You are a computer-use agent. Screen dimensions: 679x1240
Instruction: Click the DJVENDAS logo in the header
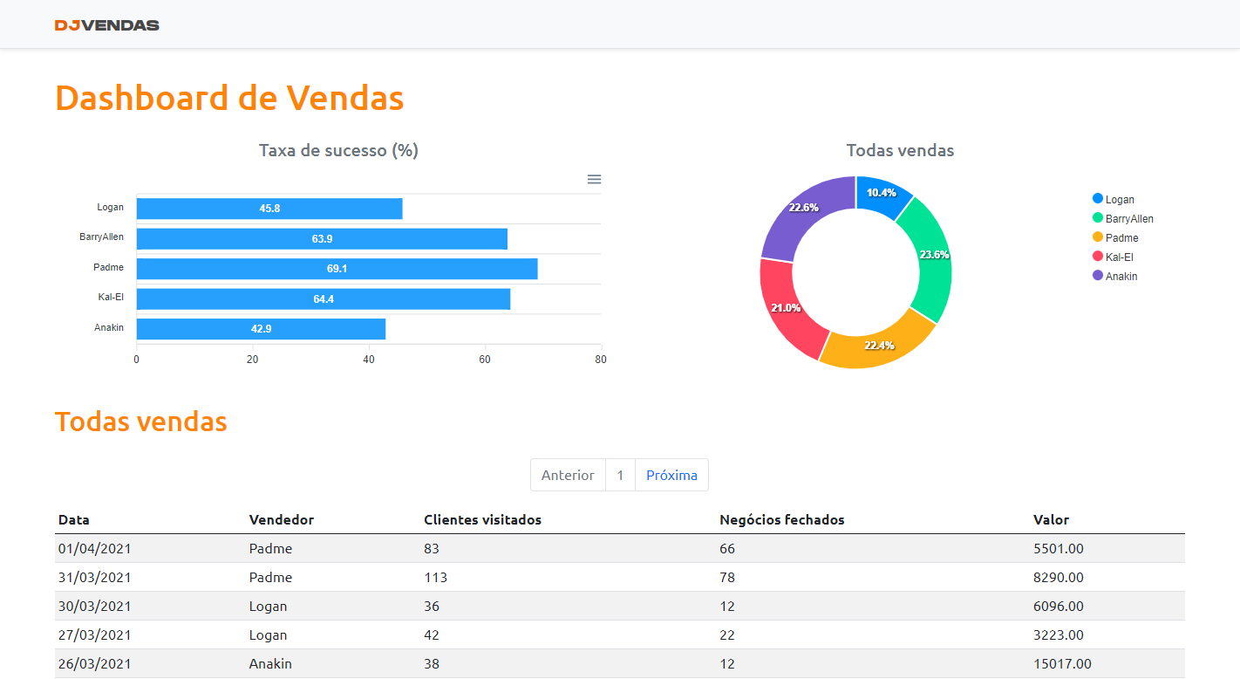click(106, 25)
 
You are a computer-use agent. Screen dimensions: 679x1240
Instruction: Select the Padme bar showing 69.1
click(337, 269)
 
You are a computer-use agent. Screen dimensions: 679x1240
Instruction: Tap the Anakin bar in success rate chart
click(261, 329)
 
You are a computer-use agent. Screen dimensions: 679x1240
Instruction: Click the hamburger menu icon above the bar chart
click(594, 179)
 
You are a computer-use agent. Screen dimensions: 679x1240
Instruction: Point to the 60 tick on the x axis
click(485, 359)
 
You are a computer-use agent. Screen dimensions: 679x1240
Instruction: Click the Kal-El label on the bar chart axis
click(111, 298)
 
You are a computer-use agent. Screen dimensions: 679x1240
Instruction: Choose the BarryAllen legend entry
click(1128, 219)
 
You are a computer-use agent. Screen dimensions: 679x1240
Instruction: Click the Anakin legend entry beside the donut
click(1121, 277)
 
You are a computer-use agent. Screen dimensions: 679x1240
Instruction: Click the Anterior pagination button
click(568, 475)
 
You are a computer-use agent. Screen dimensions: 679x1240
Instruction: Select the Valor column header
click(1051, 520)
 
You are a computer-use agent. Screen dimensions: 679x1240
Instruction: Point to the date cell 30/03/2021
click(95, 606)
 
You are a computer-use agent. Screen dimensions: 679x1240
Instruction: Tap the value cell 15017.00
click(1062, 663)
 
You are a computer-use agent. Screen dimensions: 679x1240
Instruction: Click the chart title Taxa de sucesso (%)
click(338, 150)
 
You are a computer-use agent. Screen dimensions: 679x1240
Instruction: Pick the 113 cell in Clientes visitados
click(435, 577)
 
